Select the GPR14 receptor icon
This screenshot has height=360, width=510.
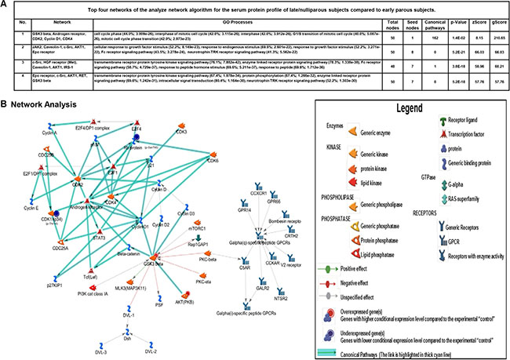(x=244, y=233)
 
